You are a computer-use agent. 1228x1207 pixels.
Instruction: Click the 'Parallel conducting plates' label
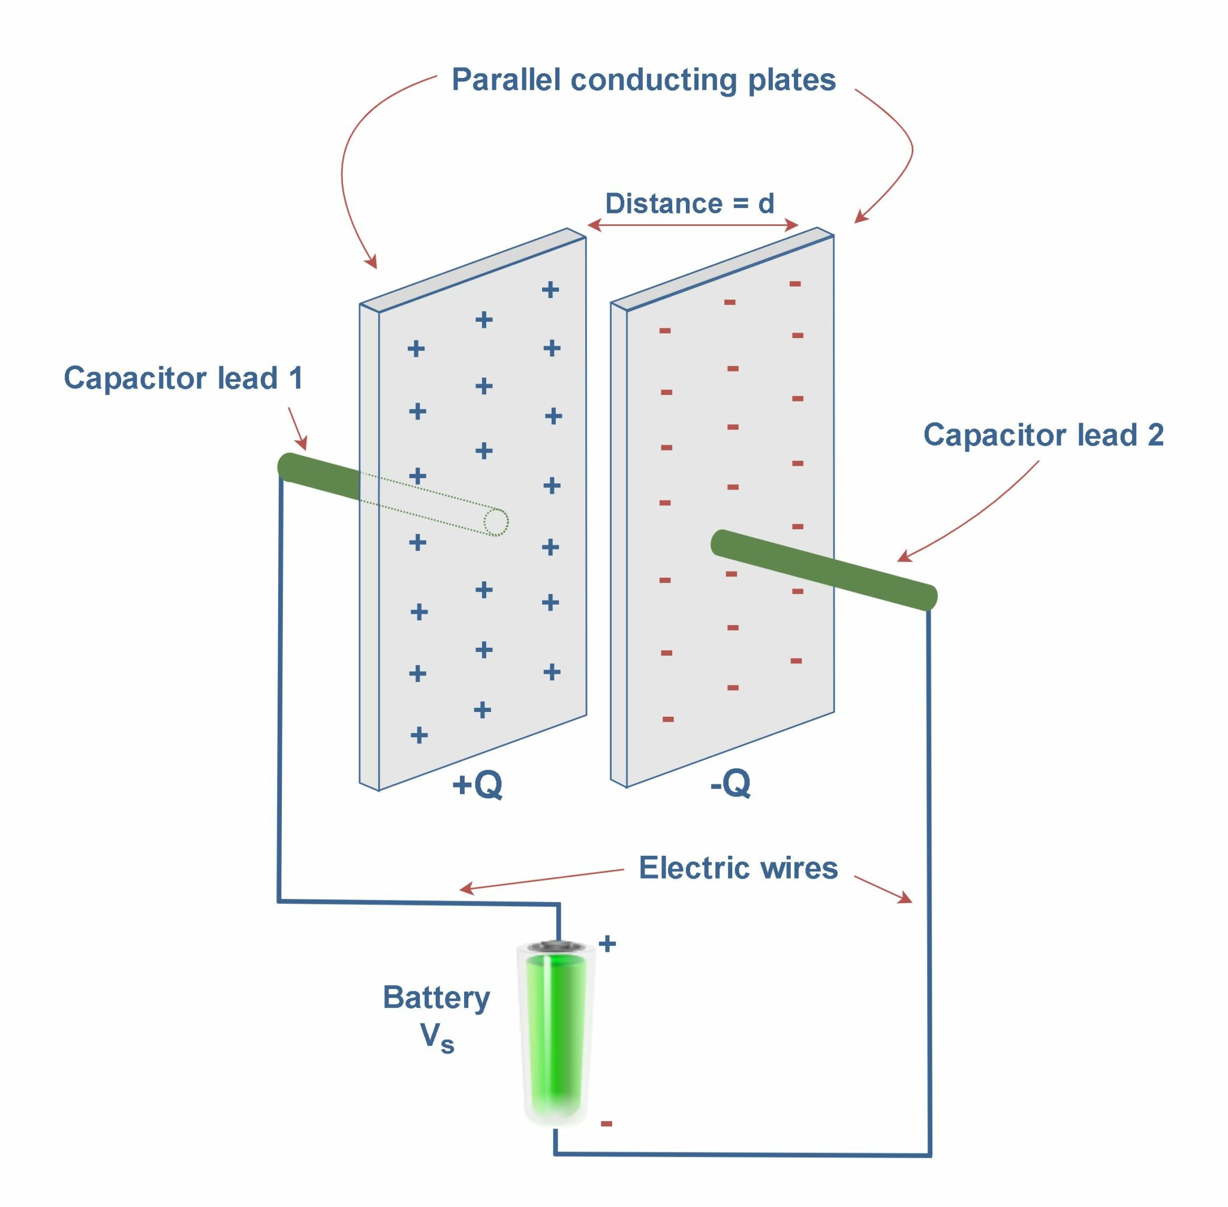coord(643,80)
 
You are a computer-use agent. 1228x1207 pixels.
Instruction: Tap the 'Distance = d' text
coord(690,204)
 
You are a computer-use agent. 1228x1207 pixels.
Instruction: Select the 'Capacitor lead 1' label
coord(183,378)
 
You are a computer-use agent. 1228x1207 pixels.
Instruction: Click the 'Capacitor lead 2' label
coord(1043,436)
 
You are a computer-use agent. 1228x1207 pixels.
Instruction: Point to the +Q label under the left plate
coord(477,785)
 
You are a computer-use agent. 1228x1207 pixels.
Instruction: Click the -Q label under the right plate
coord(730,784)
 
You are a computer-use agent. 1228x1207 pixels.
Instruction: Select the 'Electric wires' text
coord(738,868)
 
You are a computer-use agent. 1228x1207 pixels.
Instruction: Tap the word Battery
coord(436,998)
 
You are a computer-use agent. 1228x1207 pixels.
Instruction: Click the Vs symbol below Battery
coord(437,1038)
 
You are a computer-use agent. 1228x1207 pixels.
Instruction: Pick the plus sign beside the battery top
coord(607,944)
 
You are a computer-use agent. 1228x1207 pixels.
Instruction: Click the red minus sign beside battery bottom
coord(606,1124)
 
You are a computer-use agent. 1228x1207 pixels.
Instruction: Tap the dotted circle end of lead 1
coord(495,523)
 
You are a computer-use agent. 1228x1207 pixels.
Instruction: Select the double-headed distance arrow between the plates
coord(692,225)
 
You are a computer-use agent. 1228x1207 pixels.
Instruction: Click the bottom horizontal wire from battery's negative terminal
coord(742,1154)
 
